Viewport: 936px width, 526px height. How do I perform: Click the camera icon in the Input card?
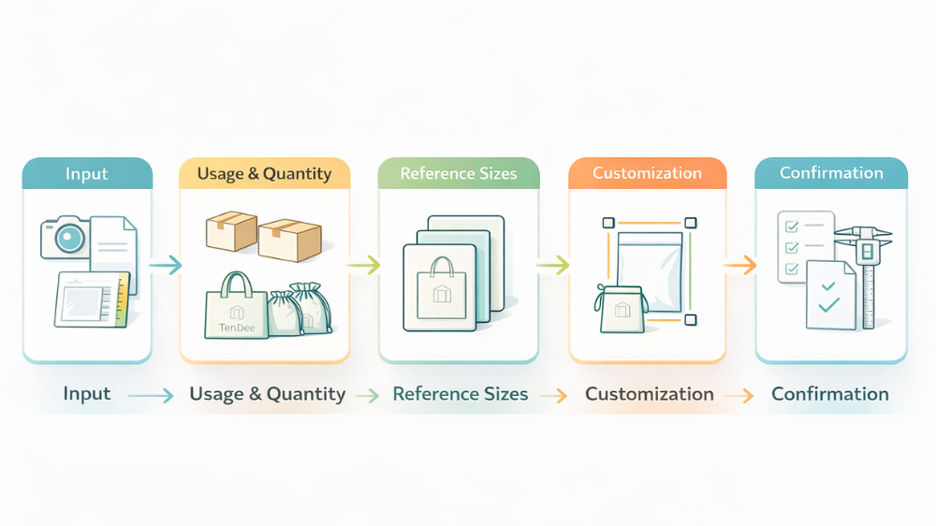(x=65, y=237)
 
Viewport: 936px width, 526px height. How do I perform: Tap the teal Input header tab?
(x=87, y=174)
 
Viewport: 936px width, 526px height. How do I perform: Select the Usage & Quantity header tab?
(x=264, y=174)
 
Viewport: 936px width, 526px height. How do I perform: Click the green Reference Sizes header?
(x=459, y=174)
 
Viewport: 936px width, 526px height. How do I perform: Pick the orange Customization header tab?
(x=647, y=174)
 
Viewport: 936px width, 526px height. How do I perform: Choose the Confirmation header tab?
(x=831, y=173)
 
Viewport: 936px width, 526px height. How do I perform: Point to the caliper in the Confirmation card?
(x=867, y=271)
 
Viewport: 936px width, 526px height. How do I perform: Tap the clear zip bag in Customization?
(x=651, y=271)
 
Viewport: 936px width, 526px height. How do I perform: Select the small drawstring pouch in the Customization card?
(x=620, y=312)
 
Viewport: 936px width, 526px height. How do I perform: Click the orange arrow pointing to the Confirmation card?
(x=740, y=266)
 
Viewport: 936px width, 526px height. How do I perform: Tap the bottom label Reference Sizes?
(x=461, y=394)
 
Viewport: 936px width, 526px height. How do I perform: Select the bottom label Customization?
(x=650, y=394)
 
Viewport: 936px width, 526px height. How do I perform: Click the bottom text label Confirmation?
(x=830, y=394)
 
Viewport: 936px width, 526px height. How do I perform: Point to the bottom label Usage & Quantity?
(x=268, y=394)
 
